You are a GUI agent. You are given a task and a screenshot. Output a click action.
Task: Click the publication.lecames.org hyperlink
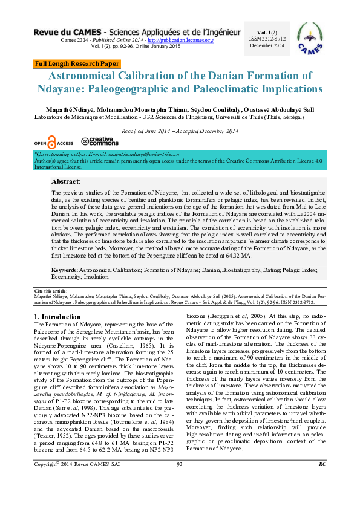[182, 40]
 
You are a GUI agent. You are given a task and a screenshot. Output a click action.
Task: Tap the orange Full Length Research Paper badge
[77, 63]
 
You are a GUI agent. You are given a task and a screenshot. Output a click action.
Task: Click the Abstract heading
[66, 181]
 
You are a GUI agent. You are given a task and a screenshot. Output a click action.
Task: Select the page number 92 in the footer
[180, 481]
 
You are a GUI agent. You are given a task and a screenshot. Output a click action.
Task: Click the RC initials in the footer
[322, 481]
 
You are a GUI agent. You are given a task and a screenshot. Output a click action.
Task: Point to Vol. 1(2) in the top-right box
[267, 31]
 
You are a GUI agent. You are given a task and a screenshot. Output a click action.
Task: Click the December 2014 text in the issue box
[267, 45]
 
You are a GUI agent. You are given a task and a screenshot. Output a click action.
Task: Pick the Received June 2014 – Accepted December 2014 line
[180, 131]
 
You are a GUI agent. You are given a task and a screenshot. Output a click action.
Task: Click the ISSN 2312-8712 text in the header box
[267, 38]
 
